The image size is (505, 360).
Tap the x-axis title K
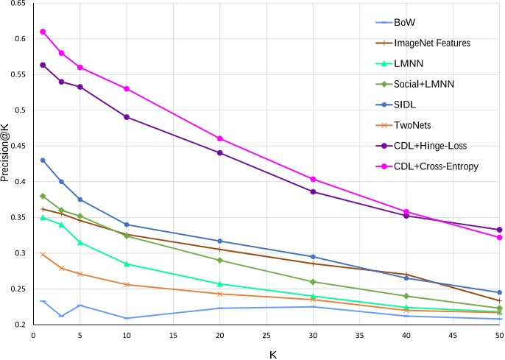point(272,355)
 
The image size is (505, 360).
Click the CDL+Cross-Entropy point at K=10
point(127,88)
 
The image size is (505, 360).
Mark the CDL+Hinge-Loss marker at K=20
point(220,152)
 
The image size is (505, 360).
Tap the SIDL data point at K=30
point(314,257)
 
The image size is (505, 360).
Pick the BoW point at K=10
point(127,318)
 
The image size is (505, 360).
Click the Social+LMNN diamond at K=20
point(220,260)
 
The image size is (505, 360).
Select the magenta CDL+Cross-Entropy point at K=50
point(499,237)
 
